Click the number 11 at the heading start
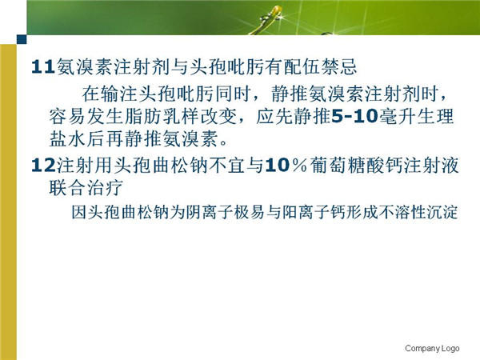43,66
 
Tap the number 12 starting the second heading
43,166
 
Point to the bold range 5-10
354,116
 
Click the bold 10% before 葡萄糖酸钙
286,166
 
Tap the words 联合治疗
86,187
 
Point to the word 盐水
68,138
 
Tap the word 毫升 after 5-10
397,116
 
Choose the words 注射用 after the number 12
85,166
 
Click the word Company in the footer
422,348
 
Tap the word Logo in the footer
450,348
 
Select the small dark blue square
22,39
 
